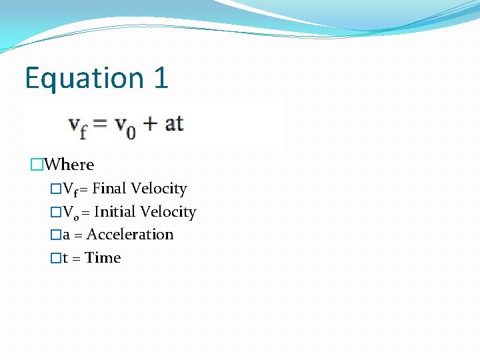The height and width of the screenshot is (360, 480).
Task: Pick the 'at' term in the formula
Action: tap(173, 123)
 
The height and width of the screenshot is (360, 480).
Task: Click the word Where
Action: tap(71, 165)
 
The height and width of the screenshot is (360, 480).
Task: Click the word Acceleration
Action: tap(130, 235)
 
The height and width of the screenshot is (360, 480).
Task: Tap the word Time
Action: tap(103, 258)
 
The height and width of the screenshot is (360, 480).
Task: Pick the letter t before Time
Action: tap(66, 258)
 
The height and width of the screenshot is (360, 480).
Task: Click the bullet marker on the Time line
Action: tap(55, 258)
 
